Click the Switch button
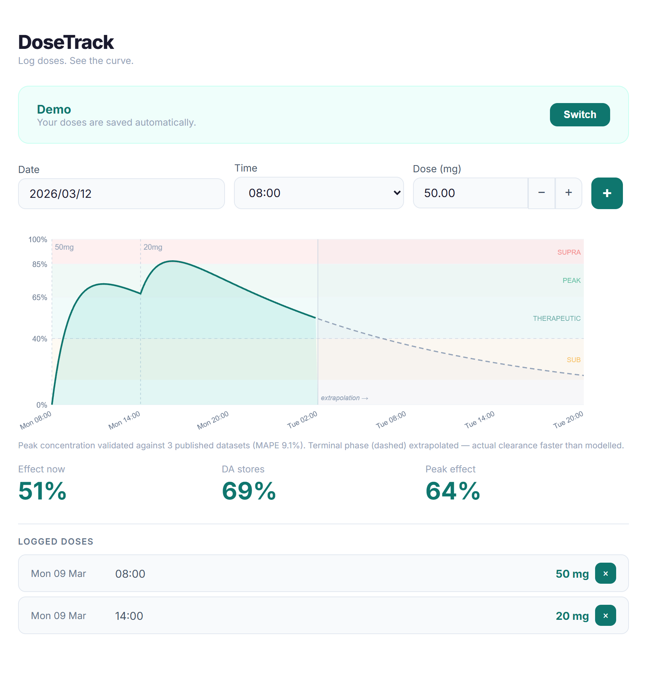click(579, 115)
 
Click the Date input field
click(121, 194)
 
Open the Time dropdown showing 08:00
click(319, 193)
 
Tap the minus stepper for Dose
click(541, 193)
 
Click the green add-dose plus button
click(606, 193)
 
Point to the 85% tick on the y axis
click(39, 264)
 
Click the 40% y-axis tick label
click(39, 339)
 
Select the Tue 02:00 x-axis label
click(302, 420)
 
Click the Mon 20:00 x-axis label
click(213, 420)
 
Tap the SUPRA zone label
click(568, 252)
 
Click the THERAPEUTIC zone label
click(556, 319)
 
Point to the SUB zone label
click(573, 360)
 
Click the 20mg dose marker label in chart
click(153, 247)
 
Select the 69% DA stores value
click(249, 491)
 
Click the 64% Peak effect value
click(453, 491)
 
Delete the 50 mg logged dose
click(605, 574)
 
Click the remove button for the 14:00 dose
click(605, 616)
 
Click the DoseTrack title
click(66, 42)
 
